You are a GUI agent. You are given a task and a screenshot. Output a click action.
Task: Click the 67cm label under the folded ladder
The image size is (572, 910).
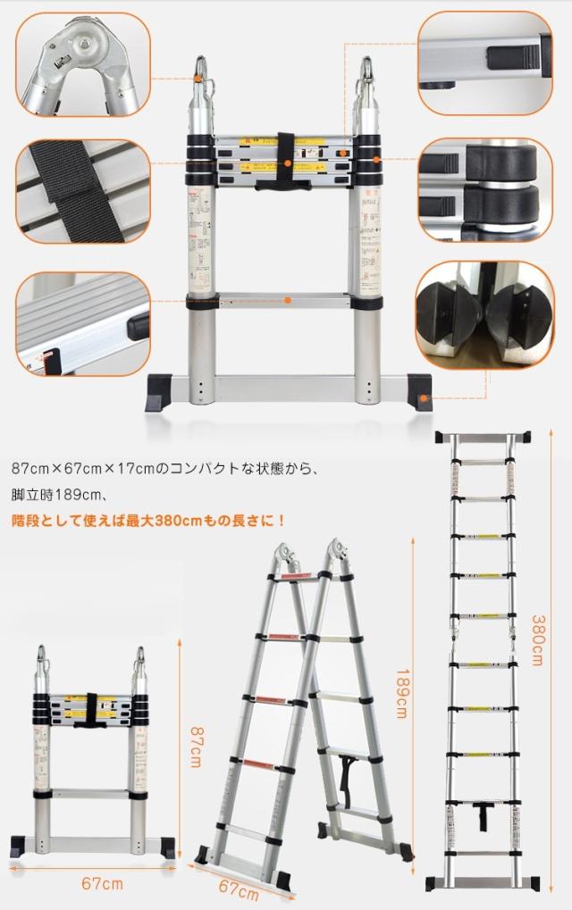[102, 884]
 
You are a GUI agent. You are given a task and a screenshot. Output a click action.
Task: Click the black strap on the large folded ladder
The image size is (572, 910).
[286, 161]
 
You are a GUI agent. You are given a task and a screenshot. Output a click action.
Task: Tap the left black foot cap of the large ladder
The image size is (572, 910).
[162, 391]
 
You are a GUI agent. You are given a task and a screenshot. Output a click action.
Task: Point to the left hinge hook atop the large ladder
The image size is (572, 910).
[201, 76]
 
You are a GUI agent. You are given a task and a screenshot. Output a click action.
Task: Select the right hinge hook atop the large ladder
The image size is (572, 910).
[368, 76]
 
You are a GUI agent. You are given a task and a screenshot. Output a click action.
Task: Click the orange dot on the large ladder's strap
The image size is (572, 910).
[287, 163]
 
